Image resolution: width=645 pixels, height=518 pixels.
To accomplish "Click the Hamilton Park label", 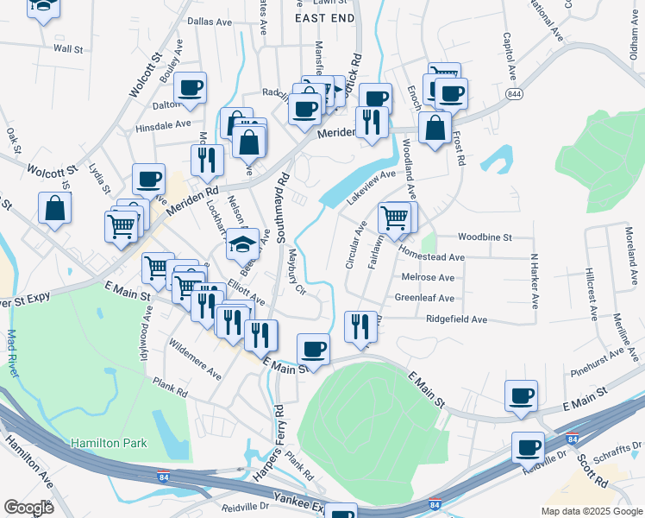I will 109,443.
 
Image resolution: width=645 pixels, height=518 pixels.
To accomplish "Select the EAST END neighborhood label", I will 324,17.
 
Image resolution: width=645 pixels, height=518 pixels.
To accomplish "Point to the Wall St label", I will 66,49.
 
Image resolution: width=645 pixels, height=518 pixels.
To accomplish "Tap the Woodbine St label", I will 485,237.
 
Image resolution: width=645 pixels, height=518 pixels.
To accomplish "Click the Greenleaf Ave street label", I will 424,298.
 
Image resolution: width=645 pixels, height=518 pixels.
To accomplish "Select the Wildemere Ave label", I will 195,366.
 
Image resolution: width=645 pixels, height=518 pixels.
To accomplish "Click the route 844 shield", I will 514,94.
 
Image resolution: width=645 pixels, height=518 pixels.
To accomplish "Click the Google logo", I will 28,508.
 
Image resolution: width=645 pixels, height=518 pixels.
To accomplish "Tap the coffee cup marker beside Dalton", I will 190,87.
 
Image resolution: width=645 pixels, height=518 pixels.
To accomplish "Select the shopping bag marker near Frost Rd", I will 435,128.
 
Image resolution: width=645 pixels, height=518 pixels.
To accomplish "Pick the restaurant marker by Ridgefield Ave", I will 360,326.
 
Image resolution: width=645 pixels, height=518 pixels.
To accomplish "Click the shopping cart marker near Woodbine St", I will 394,218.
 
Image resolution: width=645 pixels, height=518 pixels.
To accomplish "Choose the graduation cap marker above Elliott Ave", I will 243,244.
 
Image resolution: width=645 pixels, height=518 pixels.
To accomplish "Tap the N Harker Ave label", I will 534,281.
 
